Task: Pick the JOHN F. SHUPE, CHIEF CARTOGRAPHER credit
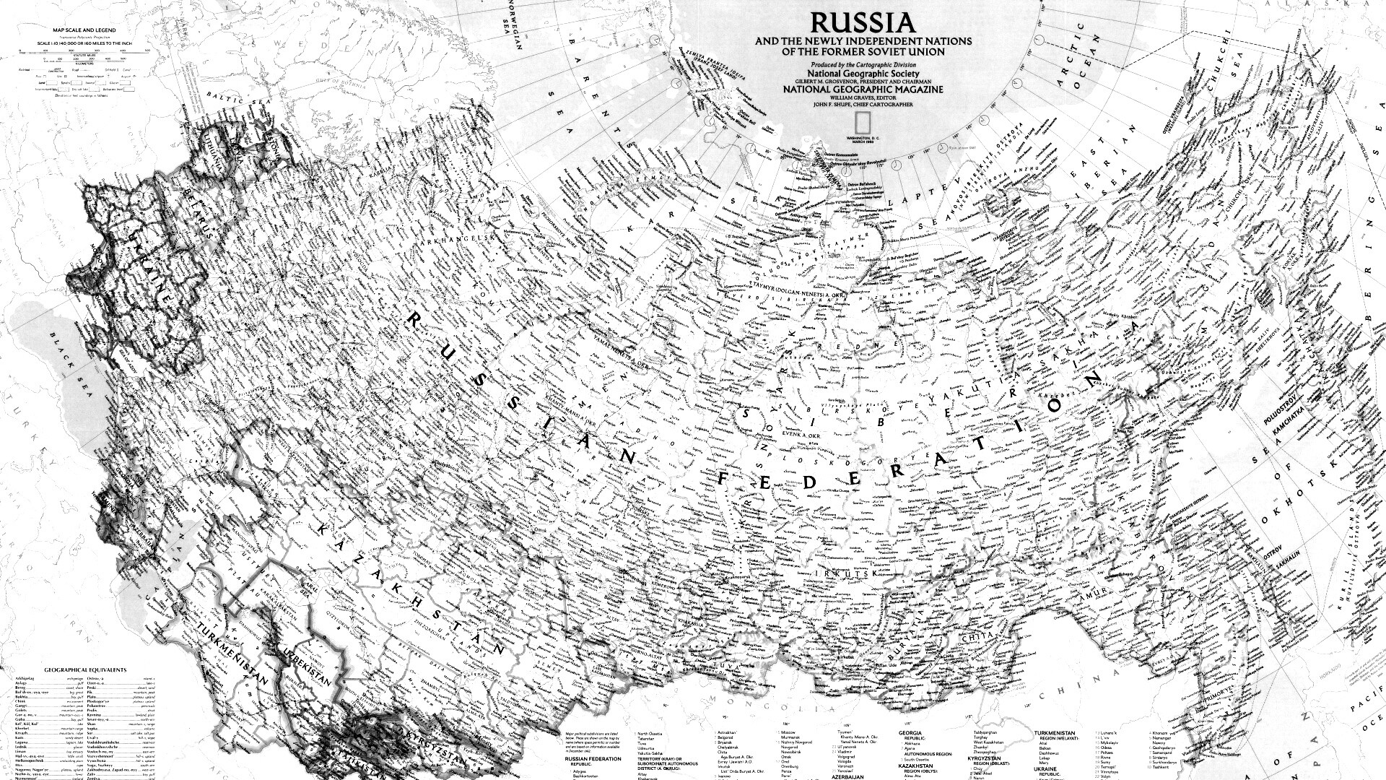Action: pyautogui.click(x=863, y=105)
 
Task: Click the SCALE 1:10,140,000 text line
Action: pyautogui.click(x=79, y=43)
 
